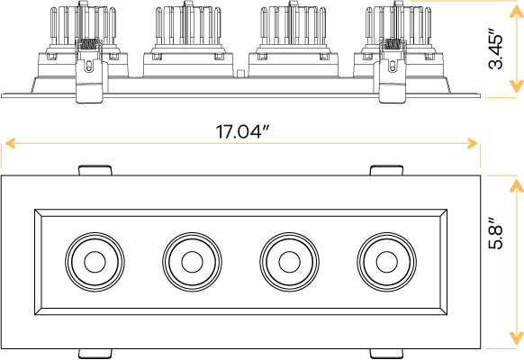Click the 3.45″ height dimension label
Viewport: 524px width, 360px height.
[495, 51]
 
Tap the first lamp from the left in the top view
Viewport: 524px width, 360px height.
[93, 262]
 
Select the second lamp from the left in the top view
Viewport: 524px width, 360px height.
[191, 262]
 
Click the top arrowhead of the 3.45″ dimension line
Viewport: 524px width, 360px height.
[516, 7]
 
